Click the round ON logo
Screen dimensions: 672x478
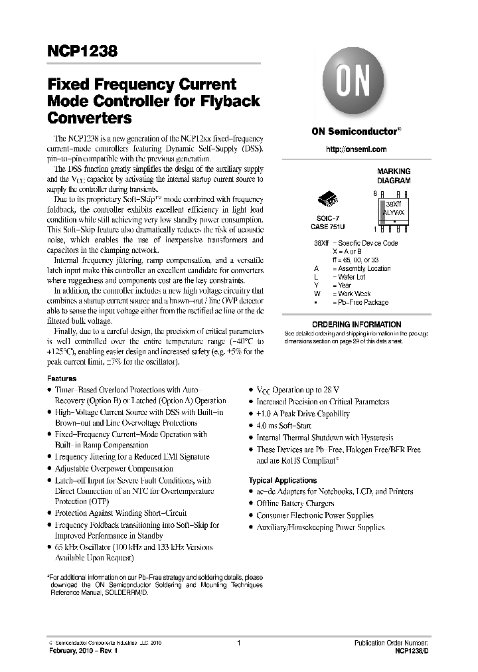pos(355,85)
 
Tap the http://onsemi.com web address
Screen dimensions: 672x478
pos(356,149)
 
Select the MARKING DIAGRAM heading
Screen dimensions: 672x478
pos(394,175)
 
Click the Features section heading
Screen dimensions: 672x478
pos(62,378)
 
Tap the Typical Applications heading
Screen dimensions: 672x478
pos(283,480)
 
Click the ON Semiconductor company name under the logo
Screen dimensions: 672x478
pos(357,131)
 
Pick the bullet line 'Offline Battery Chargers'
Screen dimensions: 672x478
pos(295,503)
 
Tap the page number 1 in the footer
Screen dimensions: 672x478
pos(238,643)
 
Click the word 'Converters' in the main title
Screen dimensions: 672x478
pos(90,118)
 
